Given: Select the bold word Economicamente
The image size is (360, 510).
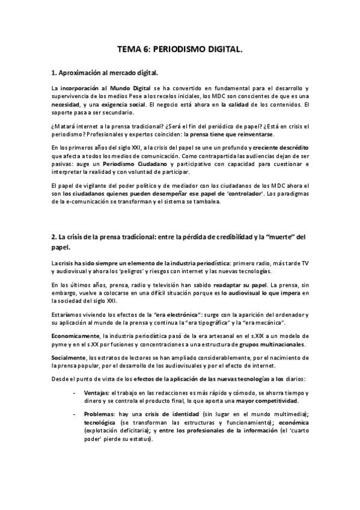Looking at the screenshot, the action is point(75,336).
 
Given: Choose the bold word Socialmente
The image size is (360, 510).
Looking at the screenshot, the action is point(69,357).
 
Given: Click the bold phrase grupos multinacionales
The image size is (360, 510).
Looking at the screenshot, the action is point(272,344).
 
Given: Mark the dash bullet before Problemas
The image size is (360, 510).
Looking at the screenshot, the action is point(75,414).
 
